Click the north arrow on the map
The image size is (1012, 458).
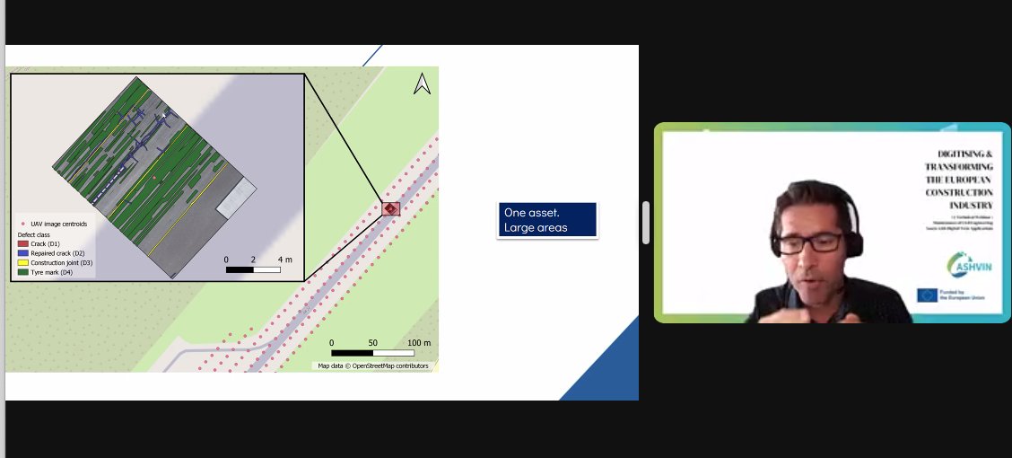[422, 84]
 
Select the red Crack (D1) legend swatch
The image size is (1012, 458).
[23, 244]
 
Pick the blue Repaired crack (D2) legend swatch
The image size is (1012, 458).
[23, 253]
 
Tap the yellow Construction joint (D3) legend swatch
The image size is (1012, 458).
[23, 262]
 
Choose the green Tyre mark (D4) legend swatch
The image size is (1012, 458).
[23, 271]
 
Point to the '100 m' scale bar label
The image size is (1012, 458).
[419, 343]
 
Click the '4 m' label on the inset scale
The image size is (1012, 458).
[286, 259]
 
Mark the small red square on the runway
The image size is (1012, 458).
[390, 208]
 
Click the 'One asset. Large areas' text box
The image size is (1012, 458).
[547, 220]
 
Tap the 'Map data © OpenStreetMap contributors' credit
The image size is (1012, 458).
[373, 366]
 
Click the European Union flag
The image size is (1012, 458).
[927, 295]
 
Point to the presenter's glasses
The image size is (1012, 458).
[811, 242]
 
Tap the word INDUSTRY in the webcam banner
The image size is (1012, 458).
[971, 205]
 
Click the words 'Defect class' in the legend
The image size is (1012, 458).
[36, 235]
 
